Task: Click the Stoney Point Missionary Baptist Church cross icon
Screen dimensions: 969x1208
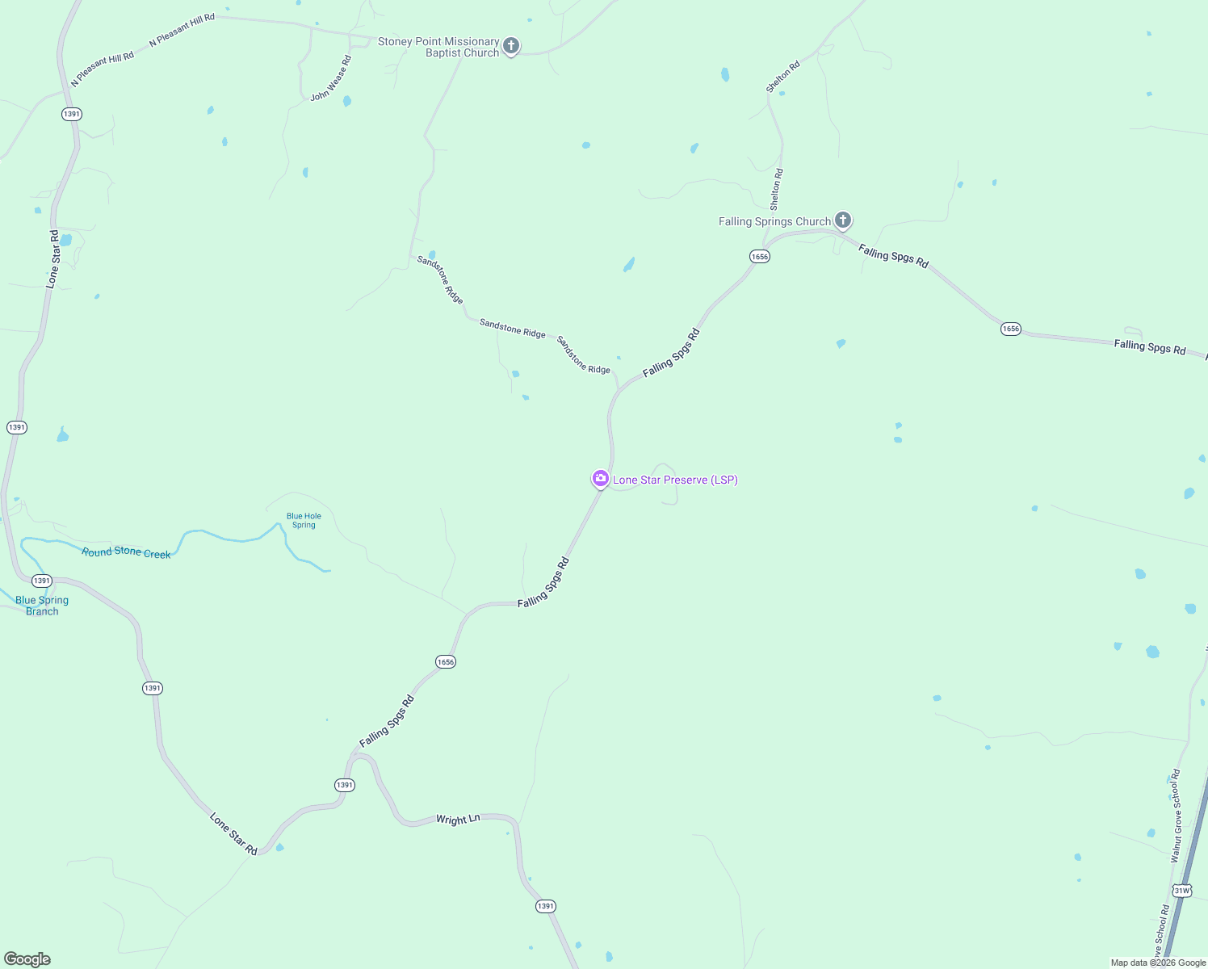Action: (x=510, y=45)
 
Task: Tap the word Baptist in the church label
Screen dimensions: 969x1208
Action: (x=444, y=53)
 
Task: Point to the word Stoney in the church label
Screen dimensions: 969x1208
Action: (x=395, y=41)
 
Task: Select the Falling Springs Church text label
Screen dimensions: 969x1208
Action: (x=774, y=221)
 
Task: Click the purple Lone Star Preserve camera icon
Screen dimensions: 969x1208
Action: (x=600, y=479)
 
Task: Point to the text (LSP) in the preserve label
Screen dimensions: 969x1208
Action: (x=724, y=480)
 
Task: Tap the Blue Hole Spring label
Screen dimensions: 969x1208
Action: (x=304, y=521)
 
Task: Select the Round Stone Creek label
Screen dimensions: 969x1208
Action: (x=126, y=552)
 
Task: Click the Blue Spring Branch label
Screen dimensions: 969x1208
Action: (x=42, y=606)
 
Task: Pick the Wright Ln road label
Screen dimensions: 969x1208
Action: (x=458, y=819)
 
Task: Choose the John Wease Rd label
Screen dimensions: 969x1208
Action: (x=331, y=78)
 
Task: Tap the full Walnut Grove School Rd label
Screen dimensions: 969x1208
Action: (x=1175, y=816)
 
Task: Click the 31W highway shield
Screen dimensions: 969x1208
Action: (x=1181, y=891)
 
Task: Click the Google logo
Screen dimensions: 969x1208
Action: (x=27, y=959)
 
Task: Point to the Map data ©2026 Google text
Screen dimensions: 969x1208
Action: (x=1158, y=963)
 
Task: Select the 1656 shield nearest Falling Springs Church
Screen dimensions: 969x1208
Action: (x=759, y=256)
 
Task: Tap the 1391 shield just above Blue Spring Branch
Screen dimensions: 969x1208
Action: (x=42, y=581)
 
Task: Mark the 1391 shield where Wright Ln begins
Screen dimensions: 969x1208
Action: (x=345, y=785)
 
